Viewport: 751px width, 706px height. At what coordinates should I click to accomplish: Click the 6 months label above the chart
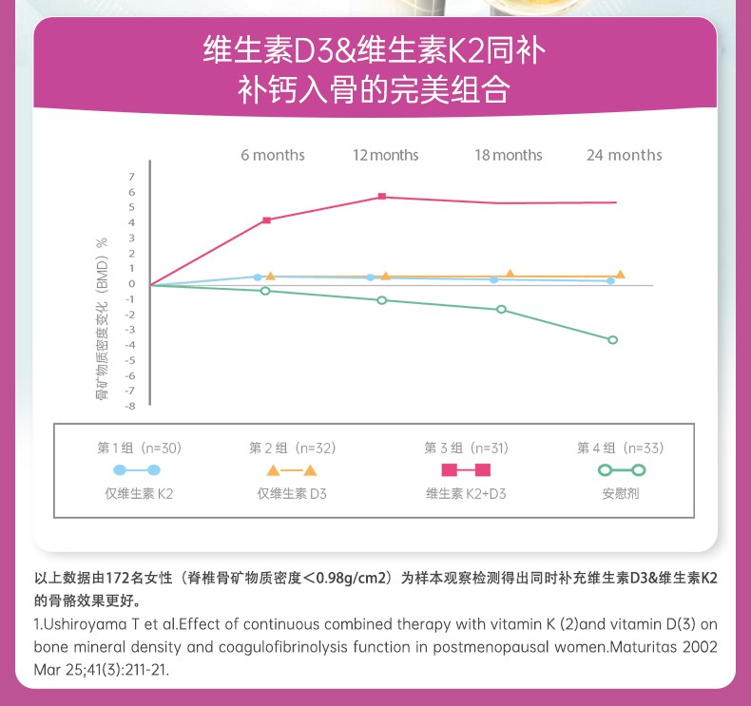[x=273, y=155]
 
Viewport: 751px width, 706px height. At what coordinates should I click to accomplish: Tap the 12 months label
[x=386, y=155]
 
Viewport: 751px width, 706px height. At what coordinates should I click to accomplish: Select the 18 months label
[x=509, y=155]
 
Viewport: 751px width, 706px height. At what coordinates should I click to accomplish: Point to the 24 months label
[x=625, y=155]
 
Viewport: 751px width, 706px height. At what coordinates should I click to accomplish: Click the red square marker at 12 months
[x=382, y=197]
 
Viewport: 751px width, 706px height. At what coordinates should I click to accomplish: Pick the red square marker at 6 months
[x=266, y=220]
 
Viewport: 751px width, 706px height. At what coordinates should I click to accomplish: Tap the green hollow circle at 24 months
[x=612, y=339]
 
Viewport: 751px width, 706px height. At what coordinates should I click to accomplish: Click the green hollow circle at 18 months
[x=501, y=310]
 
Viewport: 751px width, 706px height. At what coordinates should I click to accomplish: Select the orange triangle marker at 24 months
[x=620, y=275]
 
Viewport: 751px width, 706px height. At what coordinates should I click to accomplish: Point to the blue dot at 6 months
[x=257, y=277]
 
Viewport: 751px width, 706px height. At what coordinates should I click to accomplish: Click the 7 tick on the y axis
[x=132, y=178]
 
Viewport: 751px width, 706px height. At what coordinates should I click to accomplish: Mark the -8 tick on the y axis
[x=130, y=406]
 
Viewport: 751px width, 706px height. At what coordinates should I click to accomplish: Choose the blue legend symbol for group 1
[x=137, y=470]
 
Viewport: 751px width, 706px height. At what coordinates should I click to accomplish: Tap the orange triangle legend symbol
[x=292, y=470]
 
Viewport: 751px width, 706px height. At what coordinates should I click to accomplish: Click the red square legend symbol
[x=466, y=470]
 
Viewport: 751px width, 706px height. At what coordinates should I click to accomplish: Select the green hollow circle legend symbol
[x=621, y=470]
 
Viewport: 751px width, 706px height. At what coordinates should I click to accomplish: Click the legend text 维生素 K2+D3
[x=466, y=494]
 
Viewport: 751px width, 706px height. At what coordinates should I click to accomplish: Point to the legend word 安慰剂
[x=621, y=494]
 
